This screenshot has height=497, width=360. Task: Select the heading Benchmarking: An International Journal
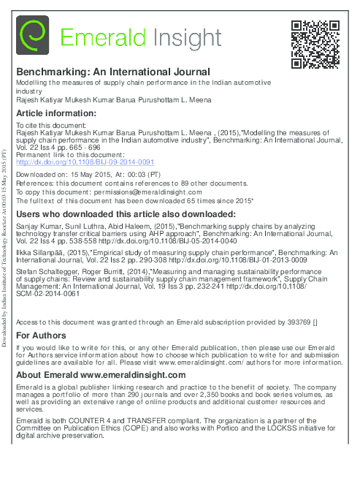point(113,72)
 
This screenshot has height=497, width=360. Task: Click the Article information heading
point(56,113)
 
